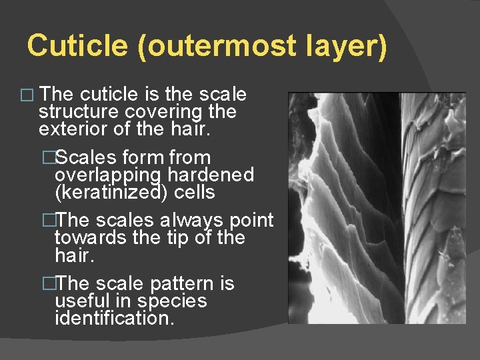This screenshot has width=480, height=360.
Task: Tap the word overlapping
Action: [x=105, y=175]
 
